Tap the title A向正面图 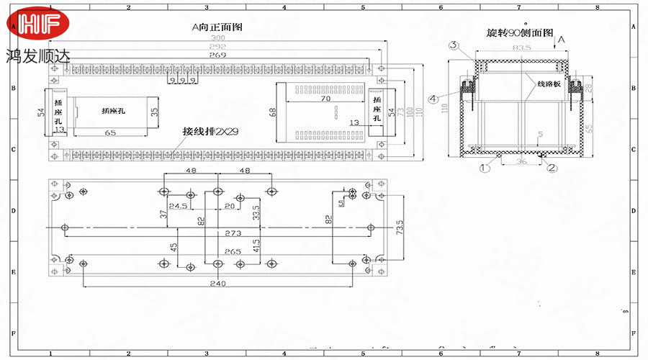pyautogui.click(x=217, y=27)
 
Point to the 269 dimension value pyautogui.click(x=217, y=55)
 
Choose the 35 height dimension pyautogui.click(x=153, y=112)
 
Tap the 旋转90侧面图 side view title pyautogui.click(x=519, y=33)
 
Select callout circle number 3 pyautogui.click(x=454, y=46)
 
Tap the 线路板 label pyautogui.click(x=548, y=84)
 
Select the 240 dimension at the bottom pyautogui.click(x=217, y=284)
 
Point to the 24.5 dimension pyautogui.click(x=178, y=206)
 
